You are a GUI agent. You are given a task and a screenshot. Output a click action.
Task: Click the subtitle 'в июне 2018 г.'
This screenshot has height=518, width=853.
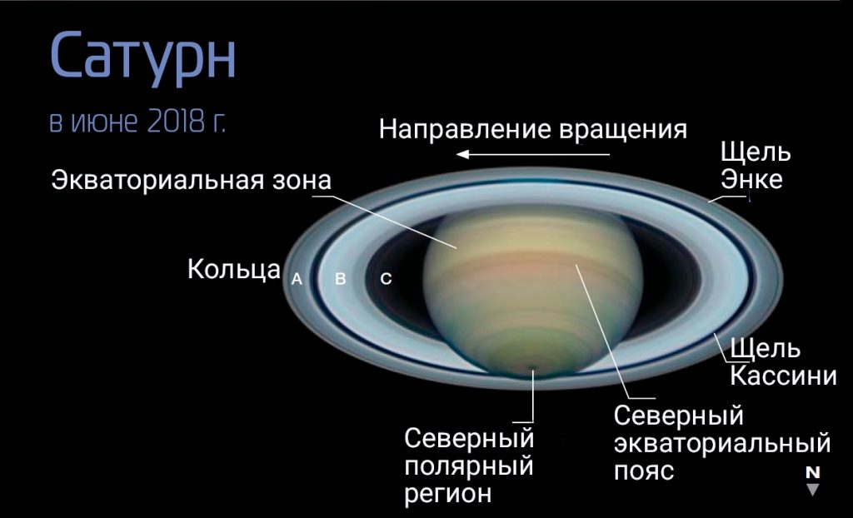pyautogui.click(x=137, y=122)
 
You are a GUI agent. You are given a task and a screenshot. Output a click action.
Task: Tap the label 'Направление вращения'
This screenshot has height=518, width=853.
pyautogui.click(x=532, y=131)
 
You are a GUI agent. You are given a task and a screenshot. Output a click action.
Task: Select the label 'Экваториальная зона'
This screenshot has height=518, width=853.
pyautogui.click(x=191, y=180)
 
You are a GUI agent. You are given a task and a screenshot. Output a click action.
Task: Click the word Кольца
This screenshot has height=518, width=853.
pyautogui.click(x=234, y=269)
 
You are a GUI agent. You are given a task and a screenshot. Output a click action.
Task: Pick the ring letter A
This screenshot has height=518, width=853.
pyautogui.click(x=297, y=279)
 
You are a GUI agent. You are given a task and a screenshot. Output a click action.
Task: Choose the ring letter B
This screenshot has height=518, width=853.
pyautogui.click(x=341, y=279)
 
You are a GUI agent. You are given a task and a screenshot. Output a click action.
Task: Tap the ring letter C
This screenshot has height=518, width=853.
pyautogui.click(x=386, y=279)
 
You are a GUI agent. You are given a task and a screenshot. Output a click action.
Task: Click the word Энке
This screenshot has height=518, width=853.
pyautogui.click(x=751, y=179)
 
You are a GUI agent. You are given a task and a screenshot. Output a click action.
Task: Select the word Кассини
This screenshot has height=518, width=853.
pyautogui.click(x=783, y=376)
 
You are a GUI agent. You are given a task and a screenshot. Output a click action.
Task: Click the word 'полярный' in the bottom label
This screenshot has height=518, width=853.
pyautogui.click(x=468, y=467)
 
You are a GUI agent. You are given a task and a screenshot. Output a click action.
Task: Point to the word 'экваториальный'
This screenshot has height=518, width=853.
pyautogui.click(x=722, y=443)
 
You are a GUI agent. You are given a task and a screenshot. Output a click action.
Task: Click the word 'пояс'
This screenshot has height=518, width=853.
pyautogui.click(x=644, y=471)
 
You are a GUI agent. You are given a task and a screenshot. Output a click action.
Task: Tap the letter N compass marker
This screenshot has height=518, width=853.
pyautogui.click(x=813, y=471)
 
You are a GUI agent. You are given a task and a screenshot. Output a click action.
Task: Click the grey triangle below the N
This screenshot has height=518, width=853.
pyautogui.click(x=813, y=489)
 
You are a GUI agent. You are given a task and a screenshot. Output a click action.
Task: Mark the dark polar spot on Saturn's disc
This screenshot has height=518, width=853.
pyautogui.click(x=531, y=368)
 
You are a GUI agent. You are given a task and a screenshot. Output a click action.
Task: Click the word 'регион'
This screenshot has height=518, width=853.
pyautogui.click(x=447, y=494)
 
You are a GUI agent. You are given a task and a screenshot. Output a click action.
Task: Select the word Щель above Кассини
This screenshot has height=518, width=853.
pyautogui.click(x=765, y=348)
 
